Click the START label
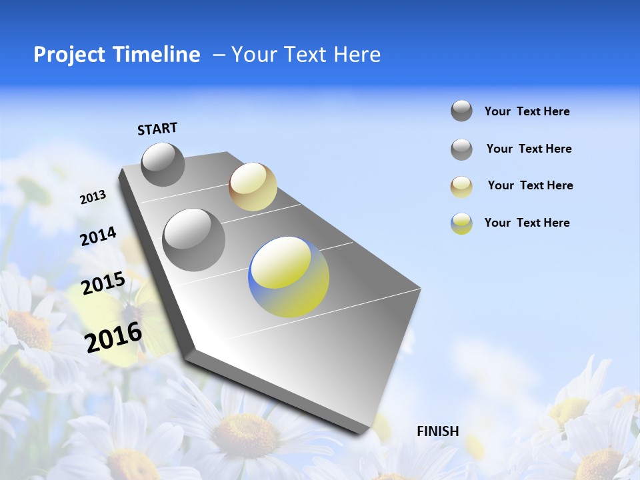coord(157,129)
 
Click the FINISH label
coord(438,431)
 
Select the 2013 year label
coord(93,197)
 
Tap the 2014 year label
coord(98,237)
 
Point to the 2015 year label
coord(103,284)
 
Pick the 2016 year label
coord(114,337)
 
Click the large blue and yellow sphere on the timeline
coord(289,277)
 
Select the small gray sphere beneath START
coord(163,164)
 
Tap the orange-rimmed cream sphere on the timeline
coord(253,187)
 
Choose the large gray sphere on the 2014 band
coord(194,239)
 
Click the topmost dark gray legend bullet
coord(461,111)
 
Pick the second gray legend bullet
coord(461,149)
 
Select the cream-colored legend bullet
coord(461,187)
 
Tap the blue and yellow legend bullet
coord(461,223)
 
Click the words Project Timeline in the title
coord(117,55)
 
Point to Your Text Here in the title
coord(306,55)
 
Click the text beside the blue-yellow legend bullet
coord(527,223)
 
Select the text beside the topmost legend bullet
coord(527,111)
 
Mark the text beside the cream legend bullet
coord(530,185)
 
